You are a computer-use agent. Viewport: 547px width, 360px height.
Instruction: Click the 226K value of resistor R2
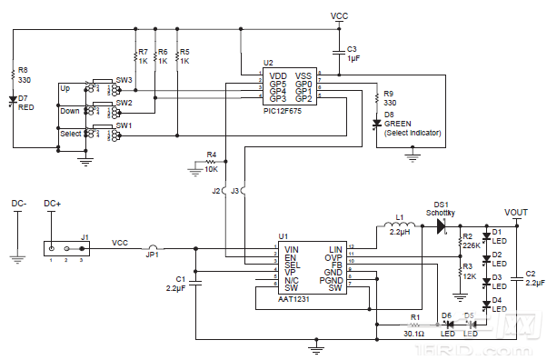tap(472, 245)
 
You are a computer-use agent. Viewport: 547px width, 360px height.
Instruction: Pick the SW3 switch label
tap(124, 80)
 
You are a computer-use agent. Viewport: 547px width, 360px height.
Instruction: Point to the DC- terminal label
tap(18, 204)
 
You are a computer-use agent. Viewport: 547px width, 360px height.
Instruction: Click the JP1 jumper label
tap(154, 255)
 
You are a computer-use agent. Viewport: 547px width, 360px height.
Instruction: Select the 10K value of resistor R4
tap(212, 170)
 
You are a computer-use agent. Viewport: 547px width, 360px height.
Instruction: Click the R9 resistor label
tap(389, 93)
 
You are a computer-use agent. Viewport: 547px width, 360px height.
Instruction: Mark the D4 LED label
tap(497, 300)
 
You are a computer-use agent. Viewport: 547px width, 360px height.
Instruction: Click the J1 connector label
tap(85, 236)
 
